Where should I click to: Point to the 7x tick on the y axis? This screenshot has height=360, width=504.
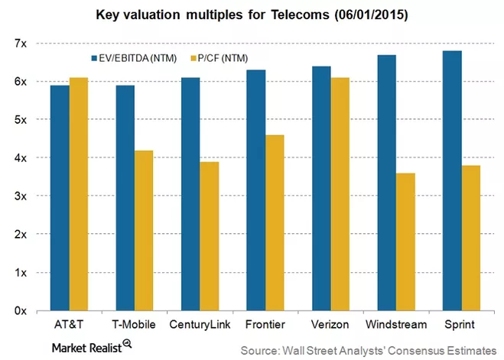[18, 44]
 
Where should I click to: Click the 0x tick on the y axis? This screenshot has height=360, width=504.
[18, 311]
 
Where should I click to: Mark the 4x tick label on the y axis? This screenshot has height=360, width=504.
[18, 158]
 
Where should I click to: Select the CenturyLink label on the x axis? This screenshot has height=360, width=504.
[197, 325]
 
